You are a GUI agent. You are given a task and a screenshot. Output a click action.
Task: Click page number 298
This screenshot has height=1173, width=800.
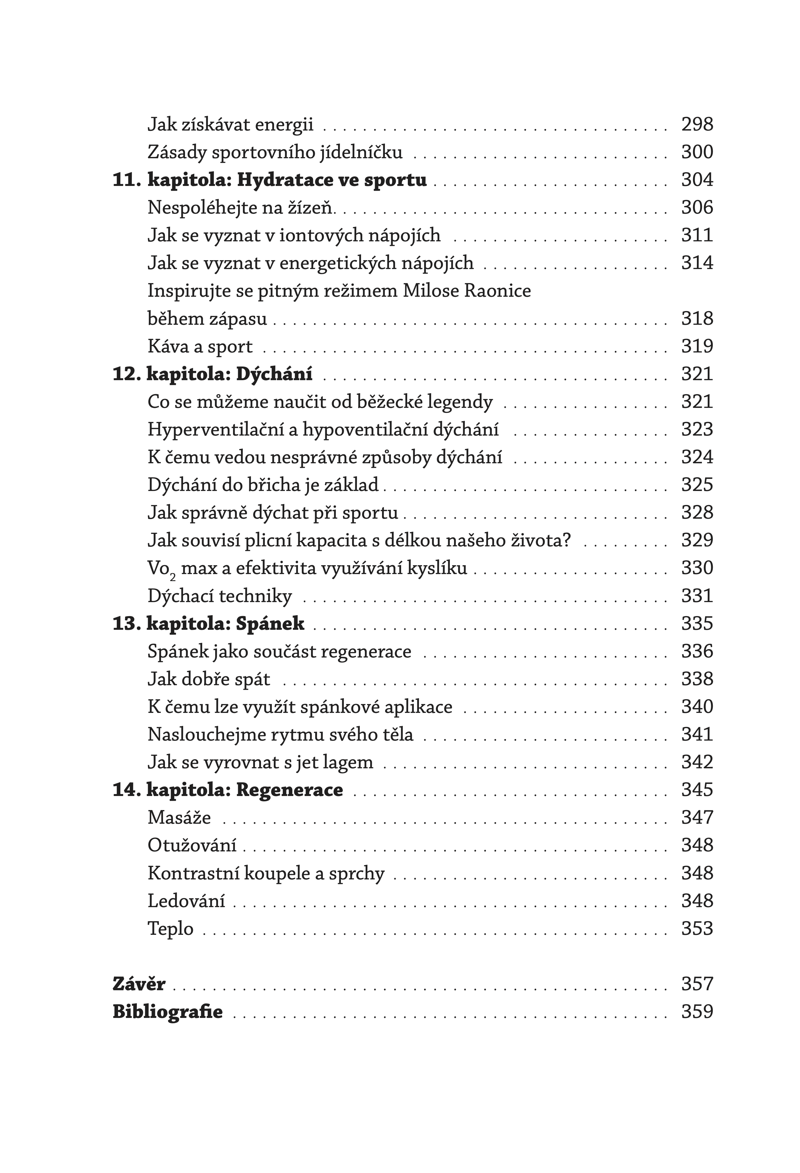pos(697,124)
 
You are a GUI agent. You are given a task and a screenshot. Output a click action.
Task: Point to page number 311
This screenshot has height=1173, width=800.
pos(697,235)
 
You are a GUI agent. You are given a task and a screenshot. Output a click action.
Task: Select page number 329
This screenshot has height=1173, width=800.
pos(697,540)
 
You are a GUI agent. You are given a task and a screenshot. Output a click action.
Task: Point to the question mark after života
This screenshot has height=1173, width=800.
pos(566,540)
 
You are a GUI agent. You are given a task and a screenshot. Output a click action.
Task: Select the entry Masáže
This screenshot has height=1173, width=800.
pos(179,818)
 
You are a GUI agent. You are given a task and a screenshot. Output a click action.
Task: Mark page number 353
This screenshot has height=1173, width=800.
pos(697,929)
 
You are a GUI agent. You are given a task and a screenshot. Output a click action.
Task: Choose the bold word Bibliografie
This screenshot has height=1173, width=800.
pos(167,1012)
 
